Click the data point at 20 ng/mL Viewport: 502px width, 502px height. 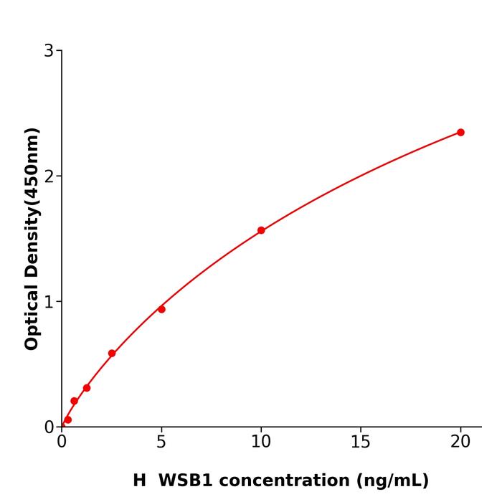(x=460, y=133)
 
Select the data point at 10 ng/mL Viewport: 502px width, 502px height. (x=261, y=230)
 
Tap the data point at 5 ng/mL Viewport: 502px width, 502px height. (x=161, y=309)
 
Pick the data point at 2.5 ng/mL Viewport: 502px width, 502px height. (x=112, y=354)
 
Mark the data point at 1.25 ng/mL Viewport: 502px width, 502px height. (x=87, y=388)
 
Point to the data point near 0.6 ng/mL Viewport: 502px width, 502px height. (x=74, y=401)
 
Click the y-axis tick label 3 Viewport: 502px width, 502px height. (x=49, y=51)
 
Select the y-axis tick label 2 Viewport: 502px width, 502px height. (x=49, y=176)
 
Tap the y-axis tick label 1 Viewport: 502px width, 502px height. (x=49, y=302)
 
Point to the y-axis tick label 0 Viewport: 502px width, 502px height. (x=49, y=427)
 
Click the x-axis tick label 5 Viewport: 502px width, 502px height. (x=161, y=442)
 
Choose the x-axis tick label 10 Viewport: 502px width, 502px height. (x=261, y=442)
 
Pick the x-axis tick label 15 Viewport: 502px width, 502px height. (x=361, y=442)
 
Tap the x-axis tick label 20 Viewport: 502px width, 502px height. (x=460, y=442)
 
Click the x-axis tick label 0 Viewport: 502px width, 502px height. (x=62, y=442)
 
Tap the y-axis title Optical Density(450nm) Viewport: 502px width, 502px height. (x=32, y=239)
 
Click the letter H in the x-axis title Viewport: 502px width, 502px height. (x=139, y=480)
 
